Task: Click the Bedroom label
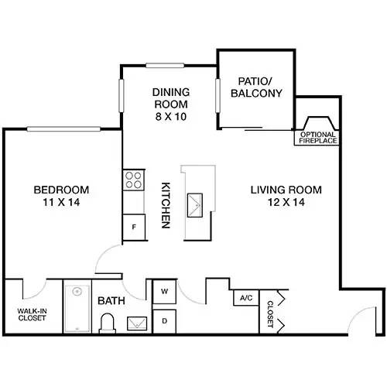[x=61, y=190]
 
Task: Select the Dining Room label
[x=170, y=98]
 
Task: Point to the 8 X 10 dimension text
[x=170, y=117]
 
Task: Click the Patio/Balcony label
[x=256, y=86]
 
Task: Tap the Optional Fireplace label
[x=318, y=137]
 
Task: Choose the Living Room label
[x=286, y=190]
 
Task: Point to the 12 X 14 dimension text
[x=286, y=202]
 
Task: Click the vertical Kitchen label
[x=165, y=205]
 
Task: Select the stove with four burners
[x=134, y=181]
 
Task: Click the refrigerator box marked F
[x=134, y=228]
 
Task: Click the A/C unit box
[x=246, y=298]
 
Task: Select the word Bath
[x=108, y=300]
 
